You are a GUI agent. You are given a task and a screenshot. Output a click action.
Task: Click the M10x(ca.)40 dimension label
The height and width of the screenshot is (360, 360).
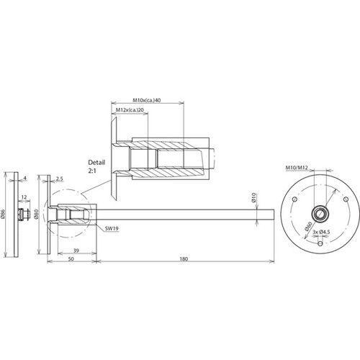(147, 100)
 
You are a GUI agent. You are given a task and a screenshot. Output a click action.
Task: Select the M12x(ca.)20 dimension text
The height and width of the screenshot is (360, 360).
(130, 109)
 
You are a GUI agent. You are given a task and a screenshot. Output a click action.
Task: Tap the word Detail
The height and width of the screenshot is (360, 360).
(96, 163)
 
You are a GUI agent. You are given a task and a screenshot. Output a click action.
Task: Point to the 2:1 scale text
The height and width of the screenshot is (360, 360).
(92, 171)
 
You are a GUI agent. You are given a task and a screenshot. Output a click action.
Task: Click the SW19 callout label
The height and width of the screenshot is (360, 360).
(112, 229)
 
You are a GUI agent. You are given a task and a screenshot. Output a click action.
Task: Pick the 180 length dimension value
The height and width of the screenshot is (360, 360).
(184, 259)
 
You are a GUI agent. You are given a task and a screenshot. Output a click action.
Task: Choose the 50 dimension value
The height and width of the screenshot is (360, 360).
(71, 259)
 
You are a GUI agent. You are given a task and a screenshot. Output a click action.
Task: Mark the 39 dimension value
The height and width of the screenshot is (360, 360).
(76, 251)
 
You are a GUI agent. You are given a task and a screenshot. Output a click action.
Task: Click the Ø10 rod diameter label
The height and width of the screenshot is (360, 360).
(254, 197)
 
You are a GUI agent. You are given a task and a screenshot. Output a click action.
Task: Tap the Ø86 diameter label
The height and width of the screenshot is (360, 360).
(3, 214)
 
